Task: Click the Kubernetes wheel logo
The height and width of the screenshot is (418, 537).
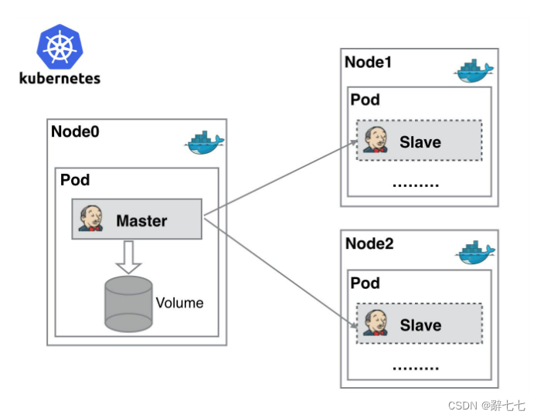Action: click(x=60, y=46)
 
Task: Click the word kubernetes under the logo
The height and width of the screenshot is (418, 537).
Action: click(x=60, y=78)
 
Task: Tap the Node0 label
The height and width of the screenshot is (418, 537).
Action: click(x=75, y=131)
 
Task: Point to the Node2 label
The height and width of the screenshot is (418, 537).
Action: click(x=369, y=244)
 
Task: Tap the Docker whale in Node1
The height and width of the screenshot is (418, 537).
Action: click(x=473, y=71)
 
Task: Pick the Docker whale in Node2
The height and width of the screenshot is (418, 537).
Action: click(x=474, y=253)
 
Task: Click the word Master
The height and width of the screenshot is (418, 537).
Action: click(x=141, y=221)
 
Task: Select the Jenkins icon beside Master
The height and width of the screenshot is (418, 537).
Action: click(x=90, y=219)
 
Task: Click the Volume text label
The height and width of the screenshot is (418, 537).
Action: click(x=179, y=303)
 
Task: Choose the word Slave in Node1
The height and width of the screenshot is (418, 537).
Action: click(x=420, y=142)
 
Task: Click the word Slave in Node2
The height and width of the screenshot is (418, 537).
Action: click(x=420, y=325)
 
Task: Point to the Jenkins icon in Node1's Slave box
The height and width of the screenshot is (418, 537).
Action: click(x=376, y=141)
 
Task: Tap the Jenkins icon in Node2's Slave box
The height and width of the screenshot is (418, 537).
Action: click(x=376, y=323)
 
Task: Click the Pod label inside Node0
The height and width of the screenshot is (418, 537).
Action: click(x=75, y=181)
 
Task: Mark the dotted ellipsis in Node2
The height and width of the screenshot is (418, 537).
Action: click(x=416, y=368)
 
